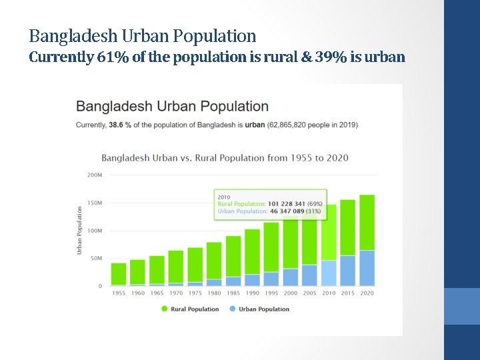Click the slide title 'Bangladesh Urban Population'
coord(142,35)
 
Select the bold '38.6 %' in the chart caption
coord(121,125)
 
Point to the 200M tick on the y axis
coord(95,175)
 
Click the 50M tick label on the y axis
coord(95,259)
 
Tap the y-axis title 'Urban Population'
coord(79,230)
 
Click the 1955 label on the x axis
coord(119,293)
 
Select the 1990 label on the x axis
coord(252,293)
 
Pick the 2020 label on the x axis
coord(367,293)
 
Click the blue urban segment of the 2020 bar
coord(367,268)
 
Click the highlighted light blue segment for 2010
coord(329,273)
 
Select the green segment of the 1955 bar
coord(119,273)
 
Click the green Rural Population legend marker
coord(164,309)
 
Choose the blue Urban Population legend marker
coord(232,309)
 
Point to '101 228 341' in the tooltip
coord(286,204)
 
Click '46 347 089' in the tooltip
coord(287,211)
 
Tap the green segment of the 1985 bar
coord(233,256)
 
